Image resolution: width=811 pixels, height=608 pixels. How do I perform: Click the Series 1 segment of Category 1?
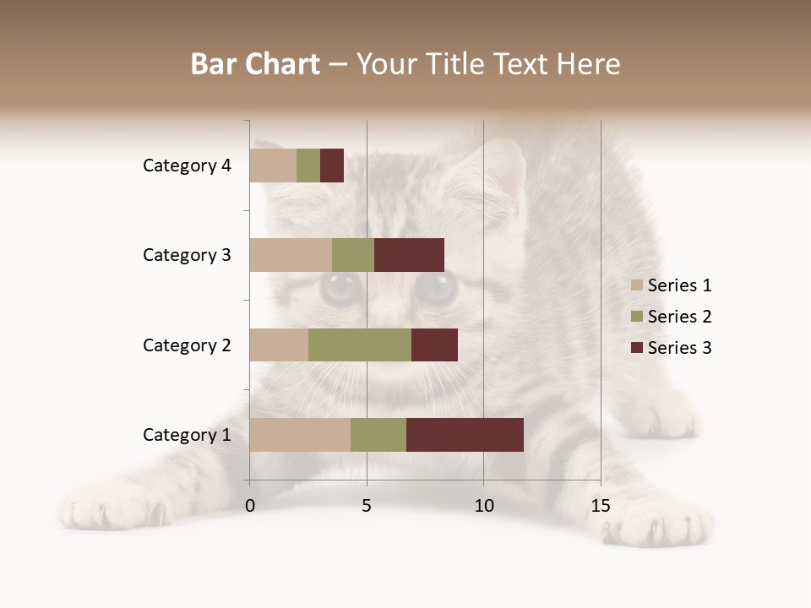[x=300, y=435]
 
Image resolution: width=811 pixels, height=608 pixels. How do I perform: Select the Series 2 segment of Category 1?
[x=378, y=435]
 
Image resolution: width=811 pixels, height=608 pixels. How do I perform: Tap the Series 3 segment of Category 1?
[x=465, y=435]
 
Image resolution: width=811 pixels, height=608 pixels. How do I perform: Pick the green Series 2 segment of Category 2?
[x=360, y=345]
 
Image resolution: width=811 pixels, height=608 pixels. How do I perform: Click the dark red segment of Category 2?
[x=434, y=345]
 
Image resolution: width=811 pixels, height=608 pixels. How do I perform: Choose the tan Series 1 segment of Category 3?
[x=291, y=255]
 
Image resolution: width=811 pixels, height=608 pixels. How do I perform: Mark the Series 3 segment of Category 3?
[x=409, y=255]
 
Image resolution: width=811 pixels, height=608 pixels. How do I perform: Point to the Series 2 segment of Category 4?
[x=308, y=166]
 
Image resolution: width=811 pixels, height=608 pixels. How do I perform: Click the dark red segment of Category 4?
[x=332, y=166]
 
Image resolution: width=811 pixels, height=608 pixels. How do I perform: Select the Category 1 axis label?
[x=187, y=435]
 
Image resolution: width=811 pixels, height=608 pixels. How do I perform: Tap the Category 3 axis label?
[x=187, y=255]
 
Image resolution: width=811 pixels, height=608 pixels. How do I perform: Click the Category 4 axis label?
[x=187, y=166]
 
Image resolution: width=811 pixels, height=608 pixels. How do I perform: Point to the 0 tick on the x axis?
[x=250, y=506]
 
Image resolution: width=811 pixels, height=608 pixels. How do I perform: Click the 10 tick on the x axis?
[x=483, y=506]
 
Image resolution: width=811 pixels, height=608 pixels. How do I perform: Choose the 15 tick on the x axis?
[x=601, y=506]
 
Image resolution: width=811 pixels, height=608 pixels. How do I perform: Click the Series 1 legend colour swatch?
[x=637, y=285]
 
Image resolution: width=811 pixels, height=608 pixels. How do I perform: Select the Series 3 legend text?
[x=679, y=348]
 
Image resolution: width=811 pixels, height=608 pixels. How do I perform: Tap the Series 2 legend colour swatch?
[x=637, y=317]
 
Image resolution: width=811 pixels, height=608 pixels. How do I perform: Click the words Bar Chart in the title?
[x=255, y=64]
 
